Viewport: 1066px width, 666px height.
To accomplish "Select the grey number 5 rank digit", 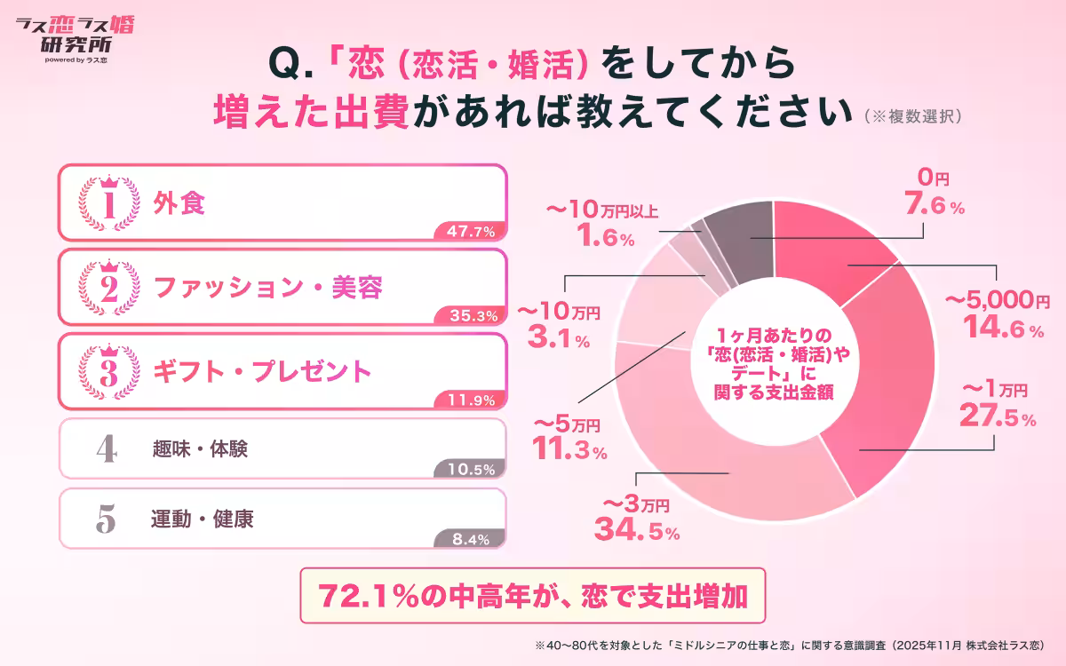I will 106,519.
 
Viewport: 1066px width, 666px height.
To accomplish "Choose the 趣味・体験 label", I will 200,449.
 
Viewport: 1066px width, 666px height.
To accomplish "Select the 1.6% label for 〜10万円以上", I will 603,238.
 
